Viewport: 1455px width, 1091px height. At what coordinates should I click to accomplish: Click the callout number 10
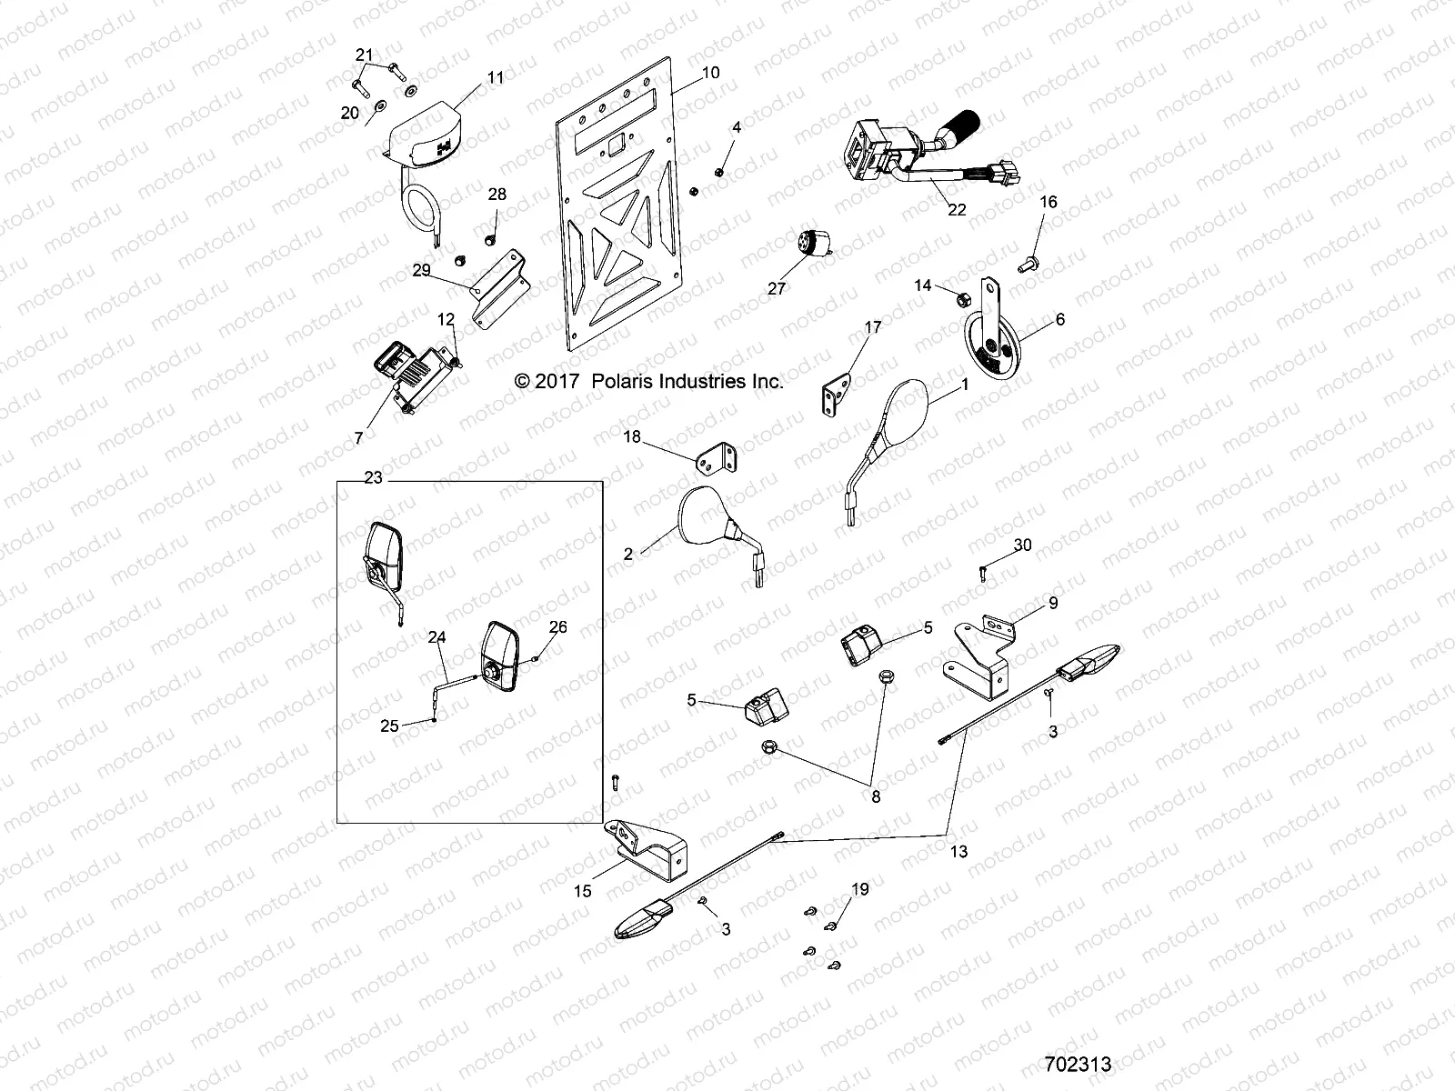(x=710, y=72)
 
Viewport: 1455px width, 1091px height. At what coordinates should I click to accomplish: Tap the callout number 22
(x=956, y=210)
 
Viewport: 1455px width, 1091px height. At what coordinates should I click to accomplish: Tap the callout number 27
(x=775, y=289)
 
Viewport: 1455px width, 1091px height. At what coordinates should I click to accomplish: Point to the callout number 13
(x=958, y=852)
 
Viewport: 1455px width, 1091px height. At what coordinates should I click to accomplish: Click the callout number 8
(x=876, y=796)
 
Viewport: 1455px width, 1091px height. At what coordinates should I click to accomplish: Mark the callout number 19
(x=859, y=889)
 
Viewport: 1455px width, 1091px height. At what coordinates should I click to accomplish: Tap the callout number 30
(x=1022, y=545)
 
